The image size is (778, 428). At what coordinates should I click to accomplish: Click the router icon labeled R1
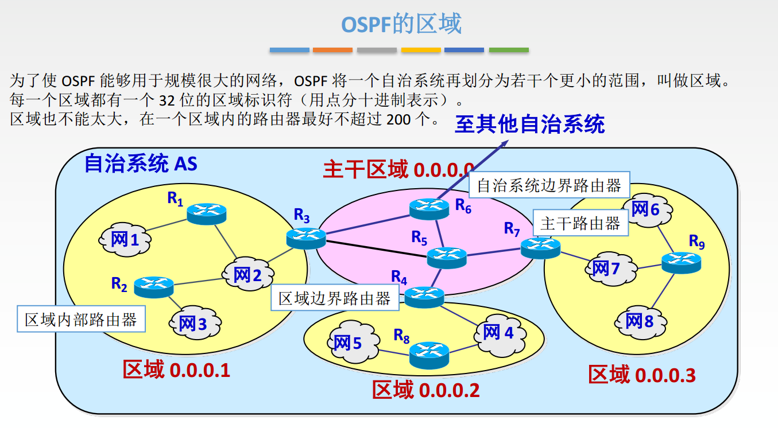tap(207, 213)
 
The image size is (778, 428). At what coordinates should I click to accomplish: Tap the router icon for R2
tap(153, 286)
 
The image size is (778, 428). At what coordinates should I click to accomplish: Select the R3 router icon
tap(306, 238)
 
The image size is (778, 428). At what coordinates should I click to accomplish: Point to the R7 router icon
tap(540, 247)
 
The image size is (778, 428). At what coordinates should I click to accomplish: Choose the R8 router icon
tap(429, 355)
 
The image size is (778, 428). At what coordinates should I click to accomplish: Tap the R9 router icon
tap(682, 262)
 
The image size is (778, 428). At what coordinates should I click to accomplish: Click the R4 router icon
tap(425, 297)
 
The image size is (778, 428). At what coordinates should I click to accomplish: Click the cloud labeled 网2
tap(247, 275)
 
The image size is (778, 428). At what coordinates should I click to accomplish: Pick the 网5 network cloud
tap(349, 343)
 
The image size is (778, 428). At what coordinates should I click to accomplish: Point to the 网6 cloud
tap(646, 209)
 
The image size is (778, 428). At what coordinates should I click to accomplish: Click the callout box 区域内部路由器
tap(80, 320)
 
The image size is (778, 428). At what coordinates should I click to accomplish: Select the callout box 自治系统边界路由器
tap(549, 185)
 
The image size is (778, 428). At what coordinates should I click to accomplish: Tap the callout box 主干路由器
tap(580, 223)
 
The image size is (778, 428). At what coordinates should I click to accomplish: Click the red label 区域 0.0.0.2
tap(425, 390)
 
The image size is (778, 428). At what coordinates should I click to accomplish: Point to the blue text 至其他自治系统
tap(530, 124)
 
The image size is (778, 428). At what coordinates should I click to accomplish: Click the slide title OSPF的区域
tap(401, 25)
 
